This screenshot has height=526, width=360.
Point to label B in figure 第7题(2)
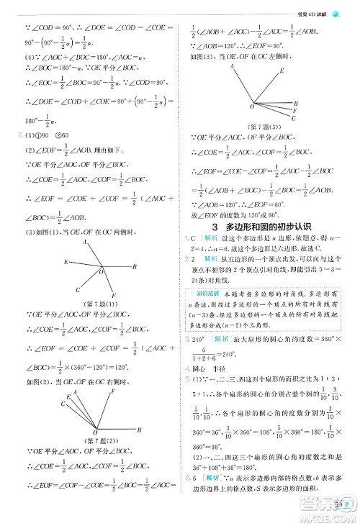tap(139, 429)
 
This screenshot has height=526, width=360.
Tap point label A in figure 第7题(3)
tap(233, 65)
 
